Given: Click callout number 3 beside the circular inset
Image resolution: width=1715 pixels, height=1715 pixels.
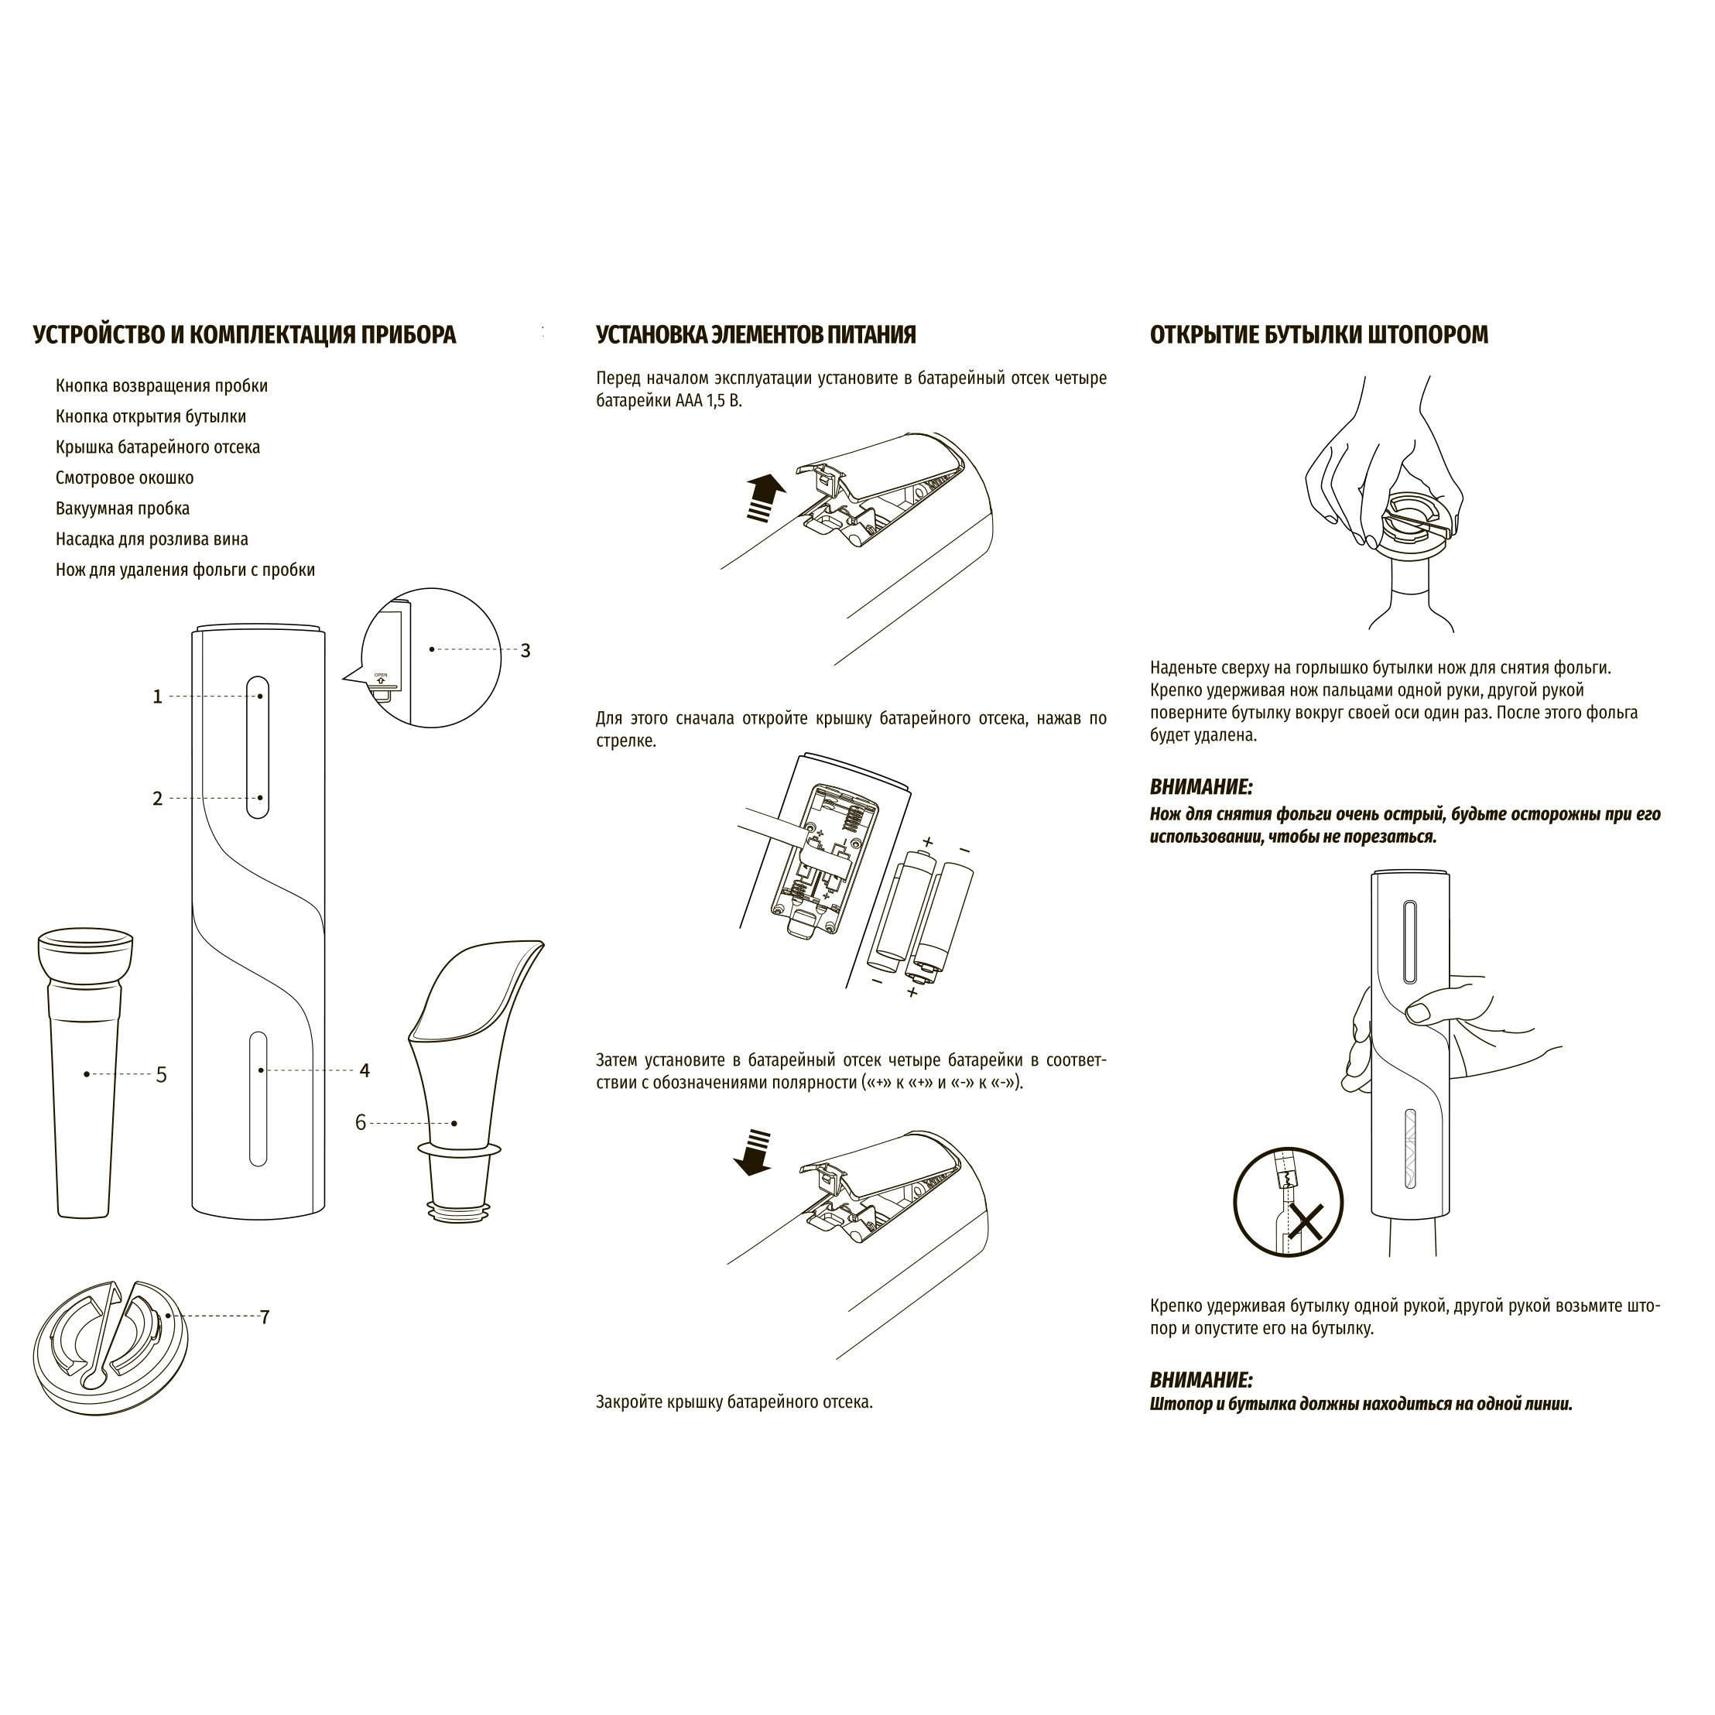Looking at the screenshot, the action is click(525, 651).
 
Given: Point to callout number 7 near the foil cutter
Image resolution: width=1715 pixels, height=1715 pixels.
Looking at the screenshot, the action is click(265, 1317).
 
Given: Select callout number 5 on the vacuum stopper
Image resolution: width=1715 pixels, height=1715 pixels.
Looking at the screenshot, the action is click(162, 1075).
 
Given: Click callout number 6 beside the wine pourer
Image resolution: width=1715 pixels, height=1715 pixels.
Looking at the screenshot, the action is click(361, 1123).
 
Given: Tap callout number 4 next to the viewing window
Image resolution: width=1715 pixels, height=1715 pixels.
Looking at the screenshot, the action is click(365, 1070).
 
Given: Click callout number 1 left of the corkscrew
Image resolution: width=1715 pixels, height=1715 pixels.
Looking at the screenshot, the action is click(158, 697).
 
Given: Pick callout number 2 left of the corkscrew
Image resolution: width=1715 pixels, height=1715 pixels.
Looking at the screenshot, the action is click(158, 799).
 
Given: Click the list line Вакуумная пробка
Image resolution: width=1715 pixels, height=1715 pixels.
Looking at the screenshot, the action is click(122, 508).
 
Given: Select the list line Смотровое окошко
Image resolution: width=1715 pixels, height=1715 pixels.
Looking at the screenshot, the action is click(125, 478).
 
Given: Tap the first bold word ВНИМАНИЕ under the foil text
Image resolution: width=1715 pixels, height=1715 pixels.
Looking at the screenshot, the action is click(1201, 787).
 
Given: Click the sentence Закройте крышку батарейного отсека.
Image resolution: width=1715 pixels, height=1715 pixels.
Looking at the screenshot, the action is click(734, 1402).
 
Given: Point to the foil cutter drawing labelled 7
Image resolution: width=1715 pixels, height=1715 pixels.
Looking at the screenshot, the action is click(111, 1337).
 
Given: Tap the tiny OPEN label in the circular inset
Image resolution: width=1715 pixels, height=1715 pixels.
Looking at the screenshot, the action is click(381, 675).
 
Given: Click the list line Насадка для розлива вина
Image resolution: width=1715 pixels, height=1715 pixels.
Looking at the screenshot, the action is click(152, 539).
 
